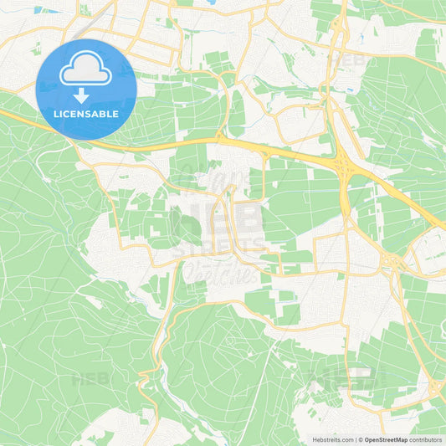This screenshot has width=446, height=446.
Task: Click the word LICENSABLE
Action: click(85, 114)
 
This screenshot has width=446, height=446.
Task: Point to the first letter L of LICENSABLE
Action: click(55, 114)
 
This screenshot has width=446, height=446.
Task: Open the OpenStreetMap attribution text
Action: click(386, 439)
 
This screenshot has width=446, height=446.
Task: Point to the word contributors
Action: click(426, 439)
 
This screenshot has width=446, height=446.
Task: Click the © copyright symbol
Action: click(360, 439)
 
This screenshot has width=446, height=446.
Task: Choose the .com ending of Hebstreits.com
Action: click(346, 439)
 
